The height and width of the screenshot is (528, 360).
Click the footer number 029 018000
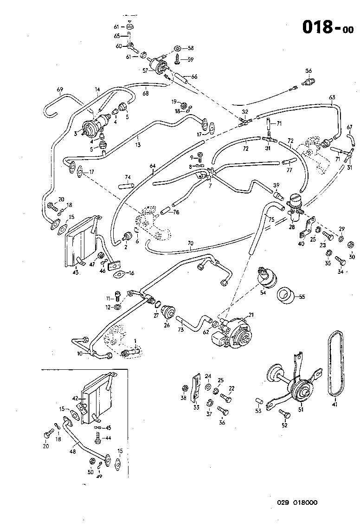coord(298,502)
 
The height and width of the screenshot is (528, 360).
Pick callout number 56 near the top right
coord(309,71)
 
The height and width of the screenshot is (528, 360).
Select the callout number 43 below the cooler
coord(76,272)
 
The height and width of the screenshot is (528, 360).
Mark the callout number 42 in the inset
coord(76,398)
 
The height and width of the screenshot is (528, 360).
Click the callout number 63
coord(332,97)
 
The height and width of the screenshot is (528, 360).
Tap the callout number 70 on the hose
coord(190,242)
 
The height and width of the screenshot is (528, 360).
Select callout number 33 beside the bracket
coord(196,407)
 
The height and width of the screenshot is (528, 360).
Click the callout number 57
coord(145,71)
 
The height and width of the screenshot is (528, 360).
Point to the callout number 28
coord(292,227)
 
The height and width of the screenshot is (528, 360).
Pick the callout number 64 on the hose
coord(153,166)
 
